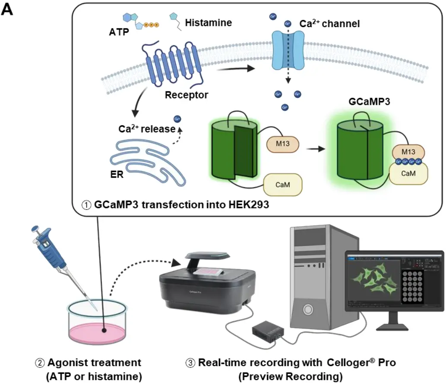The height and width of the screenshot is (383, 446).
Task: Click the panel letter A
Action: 8,10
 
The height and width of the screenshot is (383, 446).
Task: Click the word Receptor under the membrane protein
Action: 186,94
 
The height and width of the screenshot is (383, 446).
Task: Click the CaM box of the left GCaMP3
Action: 283,185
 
